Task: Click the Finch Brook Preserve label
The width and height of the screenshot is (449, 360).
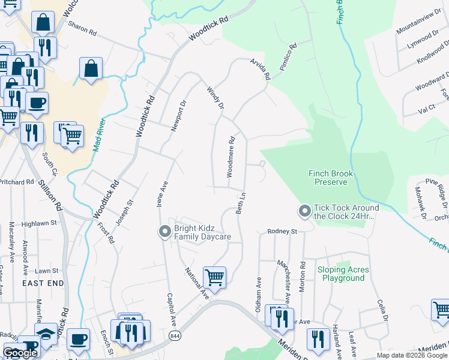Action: coord(331,178)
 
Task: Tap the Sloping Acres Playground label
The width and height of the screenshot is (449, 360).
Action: coord(343,274)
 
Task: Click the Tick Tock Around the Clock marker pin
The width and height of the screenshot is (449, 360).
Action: coord(304,211)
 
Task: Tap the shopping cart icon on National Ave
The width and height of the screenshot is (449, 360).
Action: coord(214,277)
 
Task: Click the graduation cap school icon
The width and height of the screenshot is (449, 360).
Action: coord(46,334)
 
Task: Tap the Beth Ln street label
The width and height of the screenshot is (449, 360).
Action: coord(241,204)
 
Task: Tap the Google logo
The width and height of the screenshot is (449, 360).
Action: coord(20,353)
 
